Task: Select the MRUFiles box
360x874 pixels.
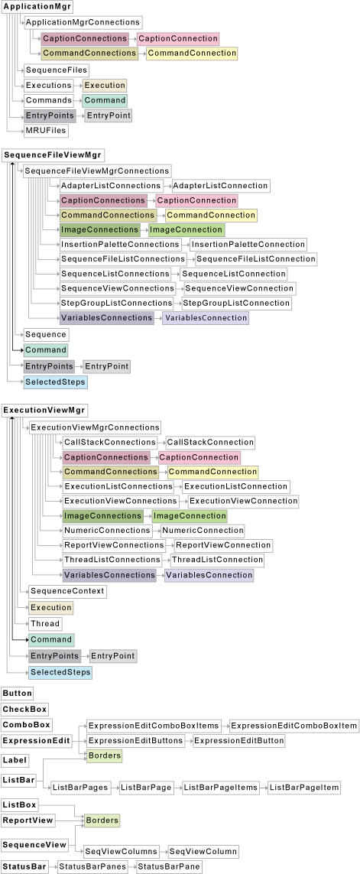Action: click(x=46, y=131)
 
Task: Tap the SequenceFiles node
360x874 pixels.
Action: click(x=56, y=70)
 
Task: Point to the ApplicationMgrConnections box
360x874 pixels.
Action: click(x=83, y=23)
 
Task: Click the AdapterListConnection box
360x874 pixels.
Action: click(x=219, y=186)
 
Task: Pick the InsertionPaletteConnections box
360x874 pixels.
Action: click(x=120, y=245)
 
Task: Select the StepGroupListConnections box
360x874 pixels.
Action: click(x=117, y=304)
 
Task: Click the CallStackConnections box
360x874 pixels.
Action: click(x=110, y=443)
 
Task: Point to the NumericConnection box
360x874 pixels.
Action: click(x=203, y=530)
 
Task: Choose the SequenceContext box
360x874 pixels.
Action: click(x=67, y=591)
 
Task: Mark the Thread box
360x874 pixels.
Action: click(x=44, y=624)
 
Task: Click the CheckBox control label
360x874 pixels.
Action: click(x=24, y=710)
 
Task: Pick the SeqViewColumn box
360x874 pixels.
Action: click(x=203, y=851)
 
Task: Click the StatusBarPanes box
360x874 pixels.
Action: click(x=92, y=867)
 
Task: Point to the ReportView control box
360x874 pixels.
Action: click(x=28, y=820)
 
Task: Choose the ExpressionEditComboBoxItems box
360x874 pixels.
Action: click(x=154, y=726)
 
